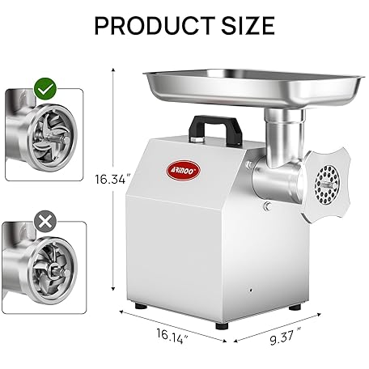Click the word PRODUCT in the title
pyautogui.click(x=155, y=25)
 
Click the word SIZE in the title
pyautogui.click(x=248, y=25)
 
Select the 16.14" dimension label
pyautogui.click(x=172, y=336)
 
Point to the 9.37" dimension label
pyautogui.click(x=286, y=336)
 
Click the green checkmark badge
pyautogui.click(x=45, y=89)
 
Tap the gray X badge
pyautogui.click(x=45, y=222)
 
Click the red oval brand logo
pyautogui.click(x=183, y=170)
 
